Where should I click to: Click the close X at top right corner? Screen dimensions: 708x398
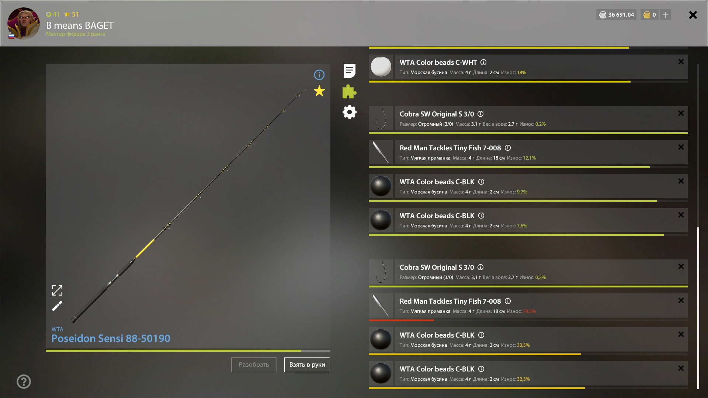tap(693, 15)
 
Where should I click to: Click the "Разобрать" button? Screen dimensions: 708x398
tap(254, 365)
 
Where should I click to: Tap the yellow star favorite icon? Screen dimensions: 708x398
tap(319, 91)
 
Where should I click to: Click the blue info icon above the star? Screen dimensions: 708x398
tap(319, 75)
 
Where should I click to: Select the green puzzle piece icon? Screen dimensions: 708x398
tap(349, 92)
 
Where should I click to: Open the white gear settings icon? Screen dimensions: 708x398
tap(350, 112)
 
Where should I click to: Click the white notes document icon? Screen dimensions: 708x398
tap(350, 71)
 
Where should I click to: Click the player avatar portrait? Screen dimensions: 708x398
tap(24, 23)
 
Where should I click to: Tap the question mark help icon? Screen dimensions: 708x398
tap(24, 381)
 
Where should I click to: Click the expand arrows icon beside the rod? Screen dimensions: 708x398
tap(57, 290)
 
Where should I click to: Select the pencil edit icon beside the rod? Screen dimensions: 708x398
tap(57, 306)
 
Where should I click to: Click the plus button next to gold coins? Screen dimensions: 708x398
tap(666, 15)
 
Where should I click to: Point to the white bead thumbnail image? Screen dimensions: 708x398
tap(381, 67)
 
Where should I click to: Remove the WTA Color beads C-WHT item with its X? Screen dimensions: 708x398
tap(681, 62)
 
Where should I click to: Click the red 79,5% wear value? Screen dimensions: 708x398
tap(529, 311)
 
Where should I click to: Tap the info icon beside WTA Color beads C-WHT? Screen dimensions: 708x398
tap(483, 62)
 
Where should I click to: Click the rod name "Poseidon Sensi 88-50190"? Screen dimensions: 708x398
tap(111, 338)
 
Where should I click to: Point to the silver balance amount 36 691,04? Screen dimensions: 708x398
tap(621, 15)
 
